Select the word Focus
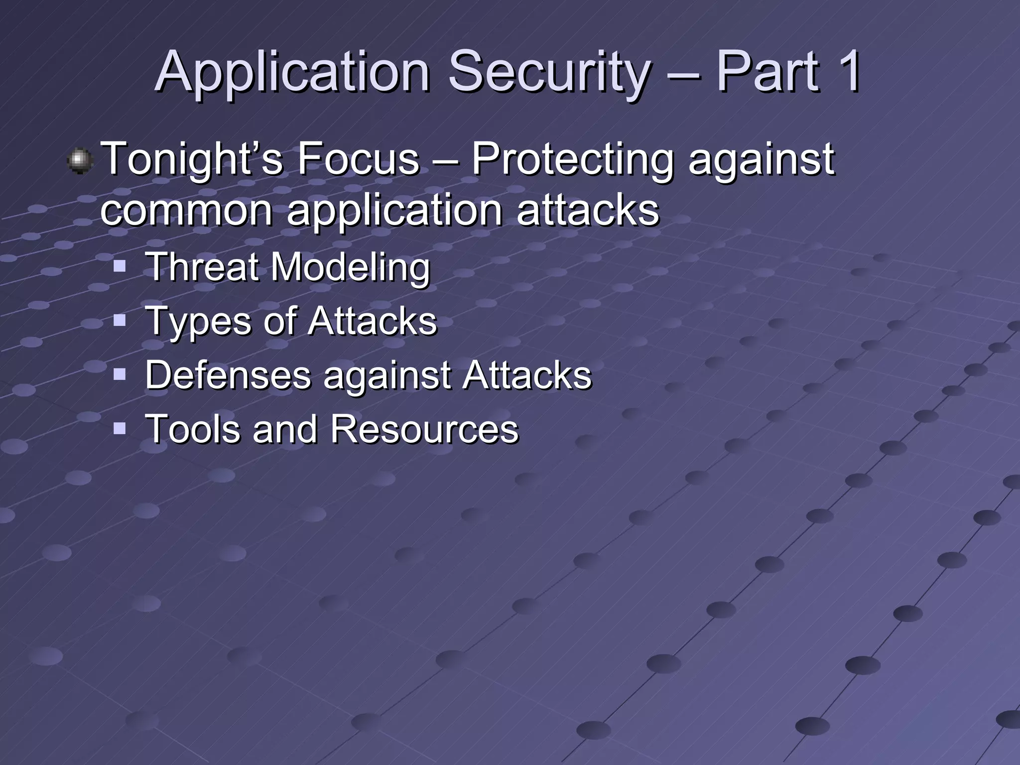coord(359,159)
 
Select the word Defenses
coord(228,375)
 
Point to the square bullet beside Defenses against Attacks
coord(120,374)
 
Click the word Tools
coord(192,429)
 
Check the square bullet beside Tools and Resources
coord(120,428)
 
